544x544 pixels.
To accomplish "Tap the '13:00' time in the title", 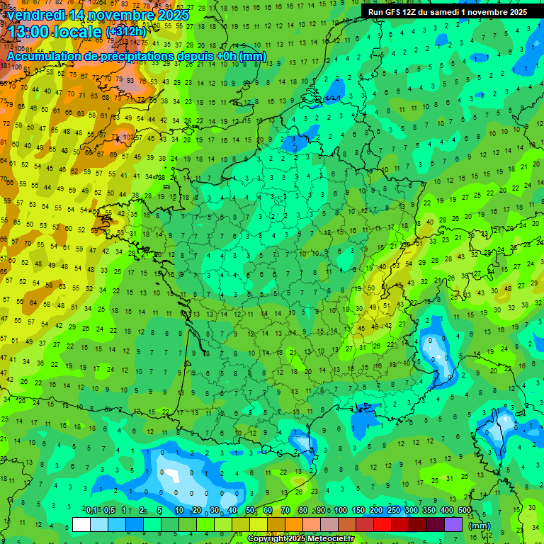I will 28,32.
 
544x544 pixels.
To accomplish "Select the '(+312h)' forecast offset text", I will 125,32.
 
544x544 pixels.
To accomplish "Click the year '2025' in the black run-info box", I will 512,12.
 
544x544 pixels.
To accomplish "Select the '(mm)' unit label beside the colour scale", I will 480,526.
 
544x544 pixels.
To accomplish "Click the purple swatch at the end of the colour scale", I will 453,525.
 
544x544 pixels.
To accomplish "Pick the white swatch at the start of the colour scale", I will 81,525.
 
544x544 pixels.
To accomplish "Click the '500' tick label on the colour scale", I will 464,511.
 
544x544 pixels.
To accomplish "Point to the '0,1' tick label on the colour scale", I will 91,511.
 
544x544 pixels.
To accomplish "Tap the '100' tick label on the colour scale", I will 341,511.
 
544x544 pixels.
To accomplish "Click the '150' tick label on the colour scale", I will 358,511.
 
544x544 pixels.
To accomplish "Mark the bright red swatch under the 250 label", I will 382,525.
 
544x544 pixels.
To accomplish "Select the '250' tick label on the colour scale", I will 394,511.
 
